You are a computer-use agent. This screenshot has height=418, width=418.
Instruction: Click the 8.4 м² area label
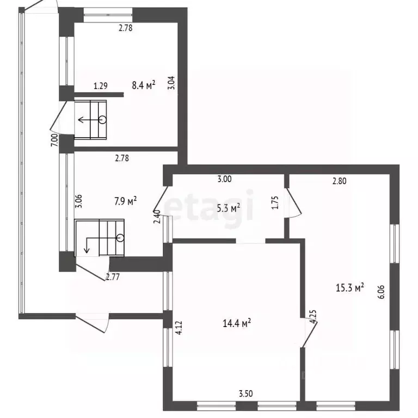(x=144, y=85)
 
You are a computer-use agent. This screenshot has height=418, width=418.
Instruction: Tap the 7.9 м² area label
(x=126, y=201)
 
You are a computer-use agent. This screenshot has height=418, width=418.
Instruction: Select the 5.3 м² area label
(x=229, y=208)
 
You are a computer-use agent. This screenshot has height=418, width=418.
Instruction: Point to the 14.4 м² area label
(x=237, y=323)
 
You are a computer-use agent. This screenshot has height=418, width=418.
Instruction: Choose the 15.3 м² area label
(x=350, y=287)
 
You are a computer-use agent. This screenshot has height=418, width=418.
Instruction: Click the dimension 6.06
(x=382, y=292)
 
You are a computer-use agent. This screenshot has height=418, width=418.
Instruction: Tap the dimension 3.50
(x=245, y=394)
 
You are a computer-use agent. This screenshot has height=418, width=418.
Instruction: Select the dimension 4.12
(x=179, y=328)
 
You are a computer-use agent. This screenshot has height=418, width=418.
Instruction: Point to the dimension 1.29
(x=101, y=86)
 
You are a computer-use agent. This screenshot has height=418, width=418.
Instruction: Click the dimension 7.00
(x=54, y=140)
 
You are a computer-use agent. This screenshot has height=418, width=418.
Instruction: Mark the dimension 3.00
(x=224, y=179)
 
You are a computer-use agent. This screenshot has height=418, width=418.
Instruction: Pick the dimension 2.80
(x=340, y=181)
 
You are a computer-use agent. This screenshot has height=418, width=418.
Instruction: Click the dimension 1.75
(x=275, y=202)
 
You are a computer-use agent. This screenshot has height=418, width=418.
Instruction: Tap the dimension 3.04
(x=172, y=83)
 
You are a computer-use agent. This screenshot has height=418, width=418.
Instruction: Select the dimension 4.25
(x=313, y=316)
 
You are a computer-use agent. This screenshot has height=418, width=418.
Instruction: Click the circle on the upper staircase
(x=103, y=120)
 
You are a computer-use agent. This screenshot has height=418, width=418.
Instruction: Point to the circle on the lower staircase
(x=120, y=237)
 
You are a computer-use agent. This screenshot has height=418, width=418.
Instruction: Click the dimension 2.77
(x=113, y=277)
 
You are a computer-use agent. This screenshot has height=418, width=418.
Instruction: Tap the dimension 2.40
(x=157, y=217)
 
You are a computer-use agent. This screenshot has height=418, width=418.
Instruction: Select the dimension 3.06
(x=79, y=201)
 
